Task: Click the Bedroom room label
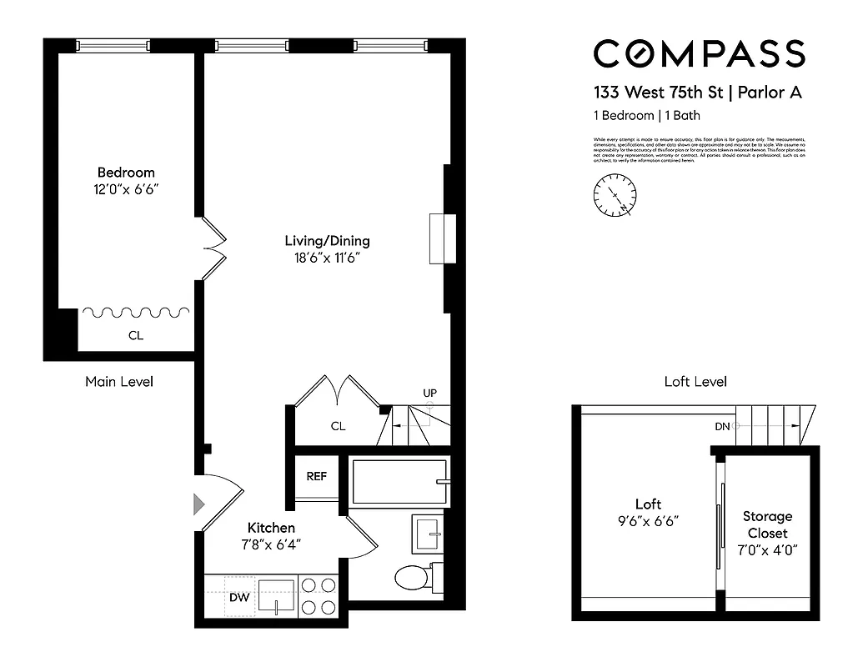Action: [x=126, y=173]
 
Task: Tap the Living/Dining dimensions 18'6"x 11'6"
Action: [x=327, y=258]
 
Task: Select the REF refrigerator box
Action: [x=316, y=477]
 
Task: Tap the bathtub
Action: [x=397, y=481]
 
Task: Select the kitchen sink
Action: [x=277, y=595]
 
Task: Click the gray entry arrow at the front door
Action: [x=198, y=504]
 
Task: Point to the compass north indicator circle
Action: [x=614, y=197]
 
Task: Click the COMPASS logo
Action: [x=699, y=54]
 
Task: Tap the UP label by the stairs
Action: [x=429, y=393]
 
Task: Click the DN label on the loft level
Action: [x=723, y=426]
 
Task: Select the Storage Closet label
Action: [x=767, y=524]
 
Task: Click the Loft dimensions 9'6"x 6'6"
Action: [x=647, y=521]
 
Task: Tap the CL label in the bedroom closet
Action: [x=136, y=336]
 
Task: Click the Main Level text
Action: [x=119, y=382]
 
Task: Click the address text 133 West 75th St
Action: [x=658, y=93]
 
